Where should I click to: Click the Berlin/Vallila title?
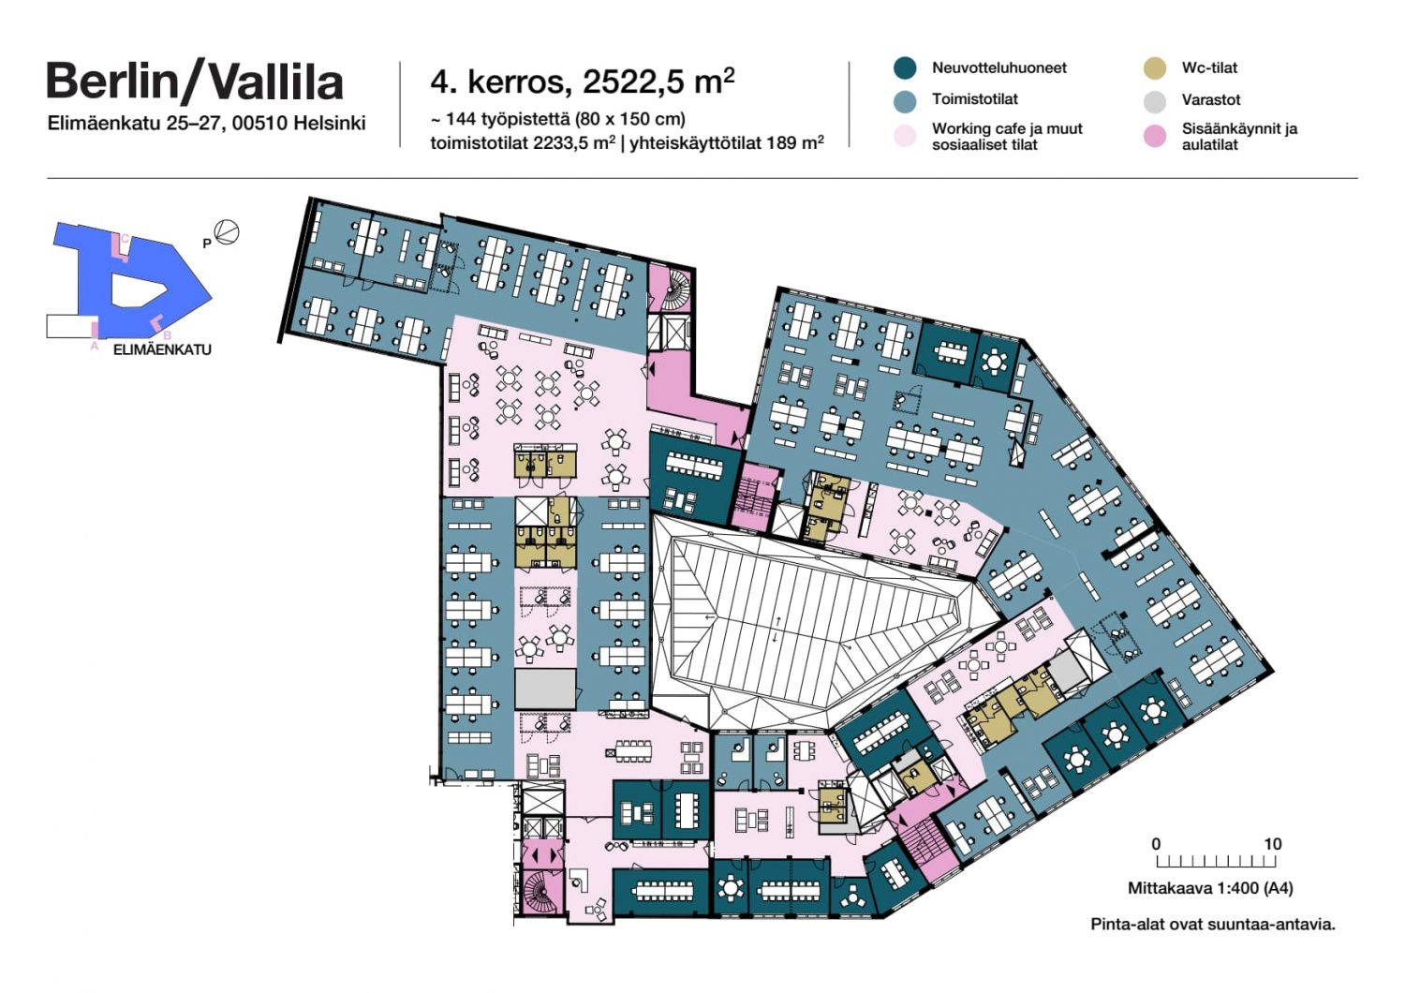[195, 82]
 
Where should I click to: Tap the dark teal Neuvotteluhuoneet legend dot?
[905, 68]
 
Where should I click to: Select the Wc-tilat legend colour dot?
[1155, 68]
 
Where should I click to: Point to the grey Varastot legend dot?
[1155, 101]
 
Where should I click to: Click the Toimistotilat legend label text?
[975, 99]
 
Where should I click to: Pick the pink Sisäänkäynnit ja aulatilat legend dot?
[1155, 136]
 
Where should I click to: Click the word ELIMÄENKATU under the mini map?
[162, 350]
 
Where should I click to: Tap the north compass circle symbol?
[227, 232]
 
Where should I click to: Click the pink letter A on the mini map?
[95, 345]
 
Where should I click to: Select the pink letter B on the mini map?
[168, 335]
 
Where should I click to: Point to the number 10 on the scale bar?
[1273, 844]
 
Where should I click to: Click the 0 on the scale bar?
[1157, 844]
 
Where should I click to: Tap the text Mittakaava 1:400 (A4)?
[1210, 888]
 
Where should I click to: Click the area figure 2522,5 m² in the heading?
[658, 81]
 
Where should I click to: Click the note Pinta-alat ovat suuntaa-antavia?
[1213, 924]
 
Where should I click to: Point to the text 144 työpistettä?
[508, 119]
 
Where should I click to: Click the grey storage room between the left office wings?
[545, 689]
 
